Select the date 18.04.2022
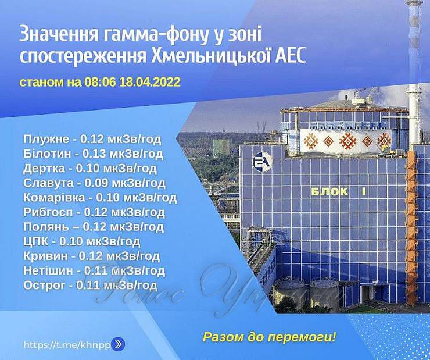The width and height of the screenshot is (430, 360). coord(150,82)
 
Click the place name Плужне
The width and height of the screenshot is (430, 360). coord(46,139)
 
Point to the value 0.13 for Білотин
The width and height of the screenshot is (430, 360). coord(94,154)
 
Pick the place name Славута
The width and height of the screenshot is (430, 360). coord(48,183)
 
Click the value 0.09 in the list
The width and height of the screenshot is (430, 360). coord(96,183)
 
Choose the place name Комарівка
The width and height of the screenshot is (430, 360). coord(54,198)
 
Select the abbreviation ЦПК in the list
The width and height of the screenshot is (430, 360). coord(35,241)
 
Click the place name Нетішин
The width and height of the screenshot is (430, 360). coord(48,270)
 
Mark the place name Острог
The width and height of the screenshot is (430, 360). coord(44,286)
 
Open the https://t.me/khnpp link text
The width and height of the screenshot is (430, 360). coord(67,345)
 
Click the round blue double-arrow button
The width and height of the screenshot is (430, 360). coord(118,344)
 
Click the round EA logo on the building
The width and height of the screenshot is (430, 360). coord(262,162)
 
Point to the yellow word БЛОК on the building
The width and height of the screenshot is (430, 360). coord(329,191)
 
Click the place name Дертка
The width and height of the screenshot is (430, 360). coord(44,168)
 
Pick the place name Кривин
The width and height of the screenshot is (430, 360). coord(45,256)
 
